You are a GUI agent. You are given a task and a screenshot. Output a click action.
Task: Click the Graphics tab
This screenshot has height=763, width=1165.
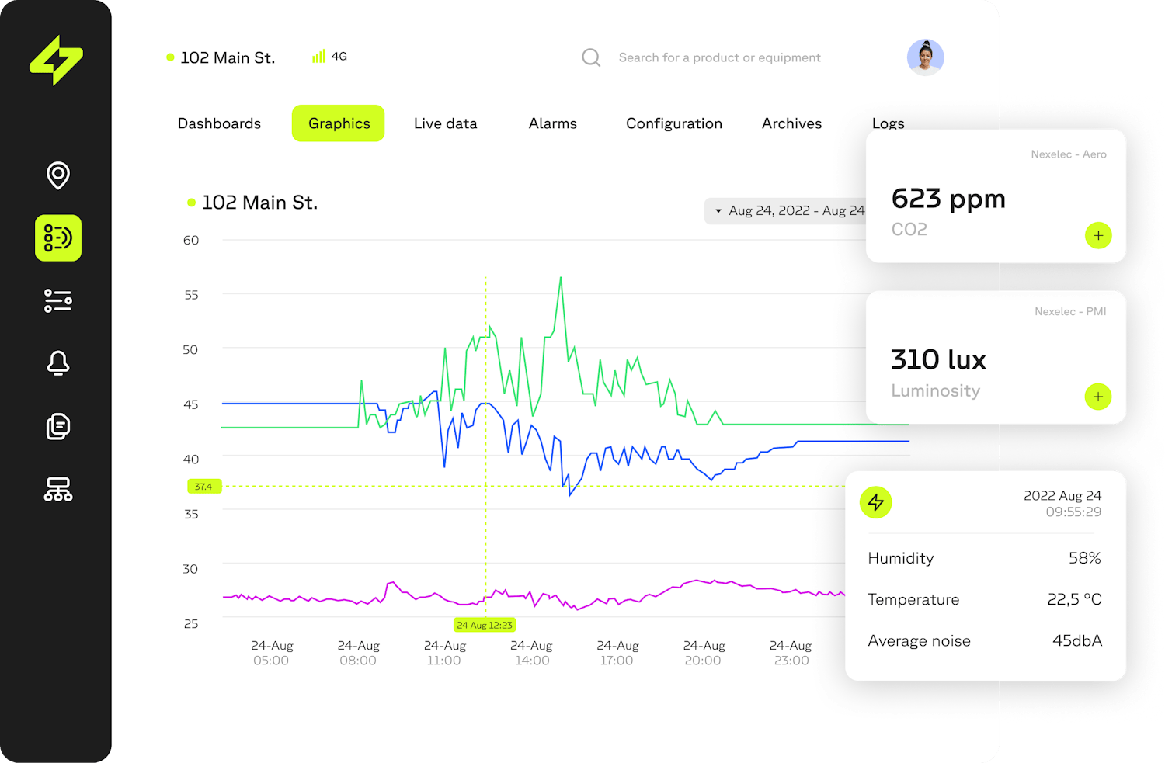coord(339,123)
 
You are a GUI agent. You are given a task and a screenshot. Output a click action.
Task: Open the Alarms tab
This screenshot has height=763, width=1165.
coord(552,123)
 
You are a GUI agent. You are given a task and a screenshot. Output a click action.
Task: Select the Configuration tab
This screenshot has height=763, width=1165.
coord(673,123)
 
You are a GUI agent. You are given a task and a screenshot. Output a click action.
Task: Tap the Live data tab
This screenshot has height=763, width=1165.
coord(445,123)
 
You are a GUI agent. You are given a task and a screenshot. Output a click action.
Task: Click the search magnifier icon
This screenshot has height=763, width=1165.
coord(591,57)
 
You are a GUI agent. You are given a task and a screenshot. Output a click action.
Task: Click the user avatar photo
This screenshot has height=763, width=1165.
coord(925,57)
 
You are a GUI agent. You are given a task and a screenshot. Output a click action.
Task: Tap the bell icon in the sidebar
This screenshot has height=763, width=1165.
coord(58,362)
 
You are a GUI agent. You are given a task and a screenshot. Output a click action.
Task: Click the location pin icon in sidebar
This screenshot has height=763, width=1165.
coord(58,175)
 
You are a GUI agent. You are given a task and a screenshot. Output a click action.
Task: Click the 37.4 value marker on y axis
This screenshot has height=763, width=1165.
coord(204,487)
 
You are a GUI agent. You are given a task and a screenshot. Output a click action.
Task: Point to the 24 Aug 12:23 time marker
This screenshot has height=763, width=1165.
coord(485,625)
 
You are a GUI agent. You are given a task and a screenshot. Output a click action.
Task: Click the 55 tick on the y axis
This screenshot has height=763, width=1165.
coord(191,295)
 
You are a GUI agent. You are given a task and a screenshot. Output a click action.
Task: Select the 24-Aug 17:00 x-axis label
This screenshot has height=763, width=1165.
coord(617,653)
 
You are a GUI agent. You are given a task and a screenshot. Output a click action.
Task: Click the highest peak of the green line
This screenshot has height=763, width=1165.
coord(561,278)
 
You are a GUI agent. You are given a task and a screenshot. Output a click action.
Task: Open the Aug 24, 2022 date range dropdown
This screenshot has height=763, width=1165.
coord(786,211)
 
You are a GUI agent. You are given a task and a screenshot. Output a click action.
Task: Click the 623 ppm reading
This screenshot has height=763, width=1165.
coord(948,199)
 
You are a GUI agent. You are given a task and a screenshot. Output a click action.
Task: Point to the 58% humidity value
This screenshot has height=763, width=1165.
coord(1084,558)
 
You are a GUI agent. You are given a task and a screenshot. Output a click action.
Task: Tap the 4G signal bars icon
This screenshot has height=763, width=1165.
coord(318,57)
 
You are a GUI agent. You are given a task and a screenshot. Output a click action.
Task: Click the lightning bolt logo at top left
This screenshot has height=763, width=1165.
coord(56,60)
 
